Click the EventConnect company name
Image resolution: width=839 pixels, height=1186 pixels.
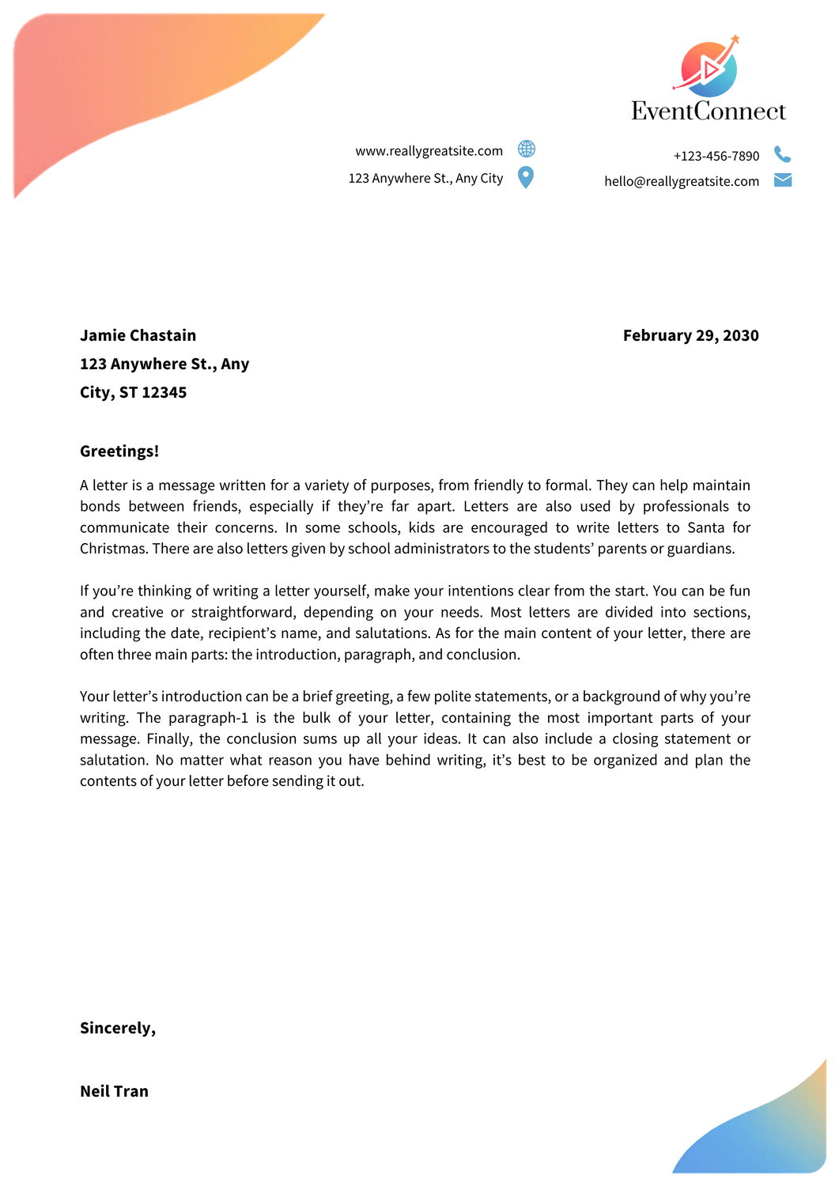coord(708,111)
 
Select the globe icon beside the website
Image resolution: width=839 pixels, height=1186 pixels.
coord(526,149)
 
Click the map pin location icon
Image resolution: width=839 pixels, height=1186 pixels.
coord(526,177)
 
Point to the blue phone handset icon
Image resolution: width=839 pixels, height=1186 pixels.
coord(782,154)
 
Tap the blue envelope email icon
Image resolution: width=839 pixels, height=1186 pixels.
coord(783,180)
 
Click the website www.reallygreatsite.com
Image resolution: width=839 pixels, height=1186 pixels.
coord(429,151)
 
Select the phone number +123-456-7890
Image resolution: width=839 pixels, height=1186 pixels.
coord(716,156)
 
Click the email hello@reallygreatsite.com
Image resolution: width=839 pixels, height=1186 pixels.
coord(682,181)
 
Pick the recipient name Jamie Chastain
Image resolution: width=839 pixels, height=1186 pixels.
coord(138,335)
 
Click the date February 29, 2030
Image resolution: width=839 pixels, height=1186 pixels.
coord(690,335)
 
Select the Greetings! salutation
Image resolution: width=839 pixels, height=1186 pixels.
coord(119,451)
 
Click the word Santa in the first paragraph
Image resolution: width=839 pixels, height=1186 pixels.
coord(705,527)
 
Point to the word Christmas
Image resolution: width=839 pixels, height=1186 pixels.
coord(114,549)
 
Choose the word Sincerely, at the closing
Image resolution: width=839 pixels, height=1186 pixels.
coord(118,1028)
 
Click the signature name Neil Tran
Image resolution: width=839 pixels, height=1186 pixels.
coord(114,1091)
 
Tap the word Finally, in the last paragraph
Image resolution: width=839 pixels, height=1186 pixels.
coord(170,738)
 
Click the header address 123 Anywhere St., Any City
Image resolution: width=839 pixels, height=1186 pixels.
coord(425,178)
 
